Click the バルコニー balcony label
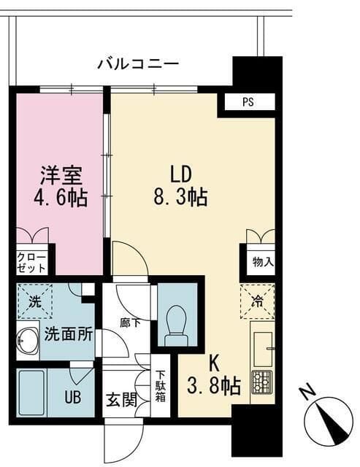click(x=138, y=64)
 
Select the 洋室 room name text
click(x=61, y=176)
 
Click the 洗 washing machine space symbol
click(x=34, y=299)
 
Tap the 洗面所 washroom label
click(x=69, y=335)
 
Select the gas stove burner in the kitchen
click(x=261, y=382)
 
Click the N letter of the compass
click(x=307, y=393)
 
